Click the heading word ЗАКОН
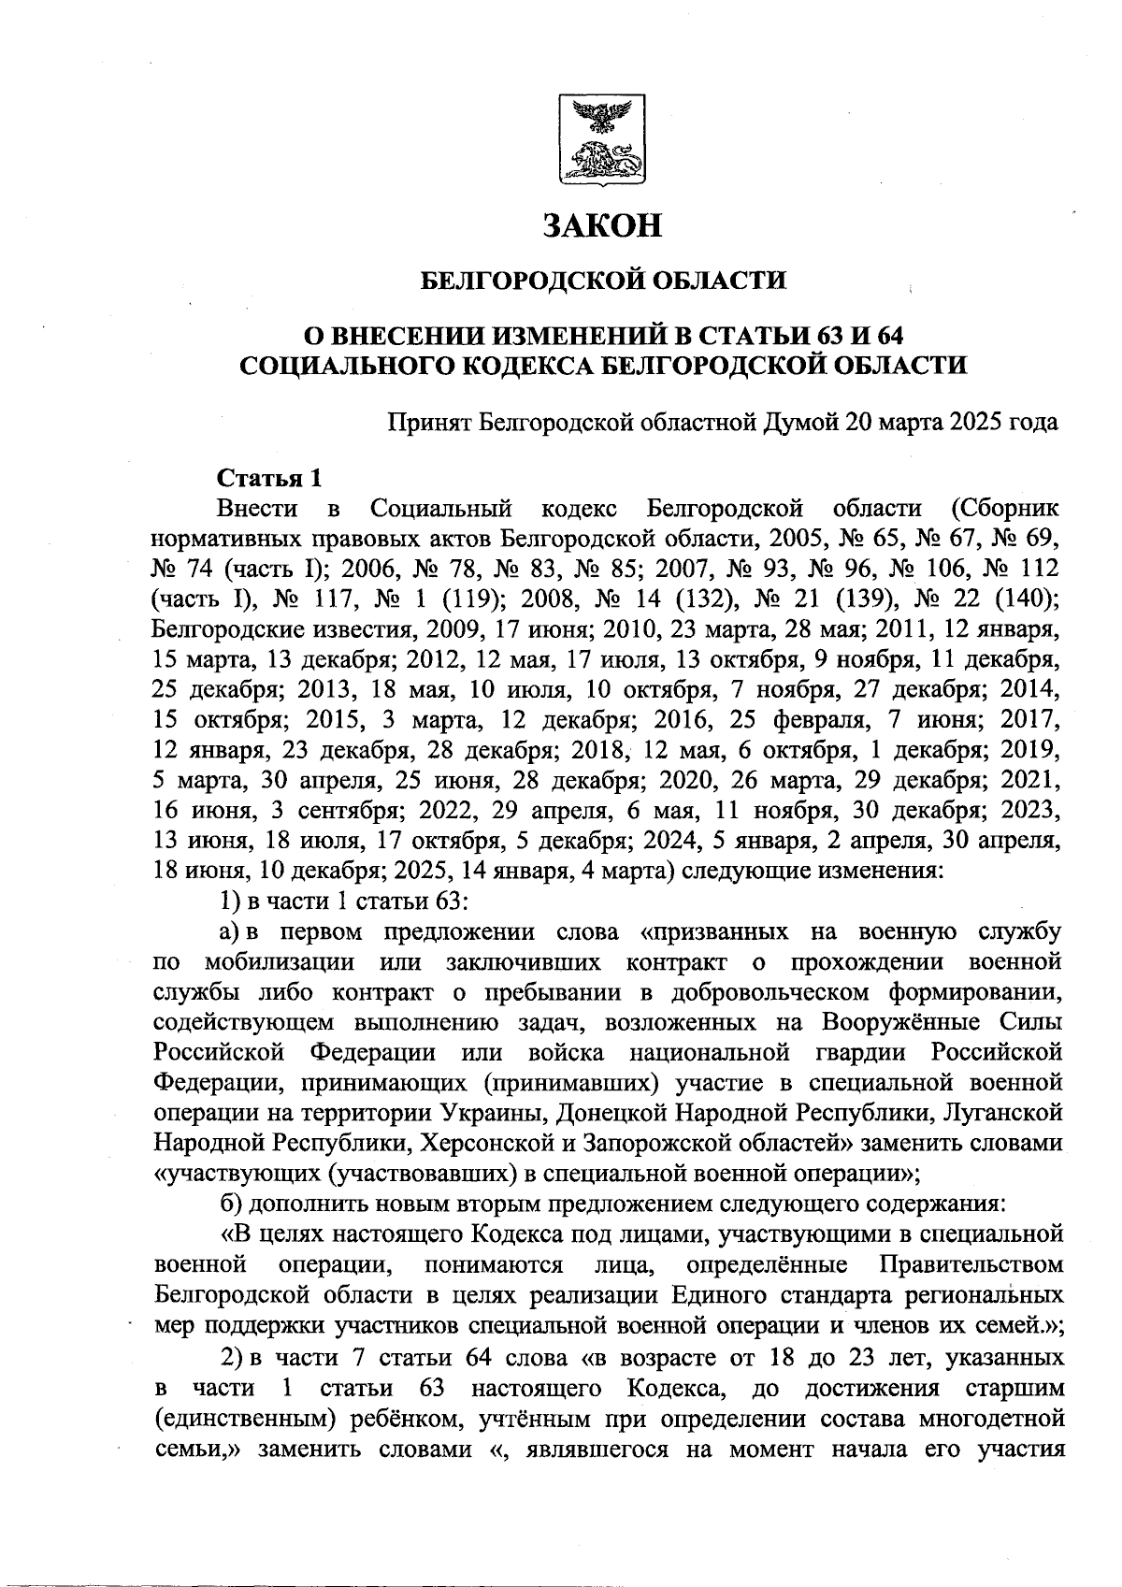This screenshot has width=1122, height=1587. [603, 225]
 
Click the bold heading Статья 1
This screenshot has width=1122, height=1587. [269, 478]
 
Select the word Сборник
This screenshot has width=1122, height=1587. [1005, 509]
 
